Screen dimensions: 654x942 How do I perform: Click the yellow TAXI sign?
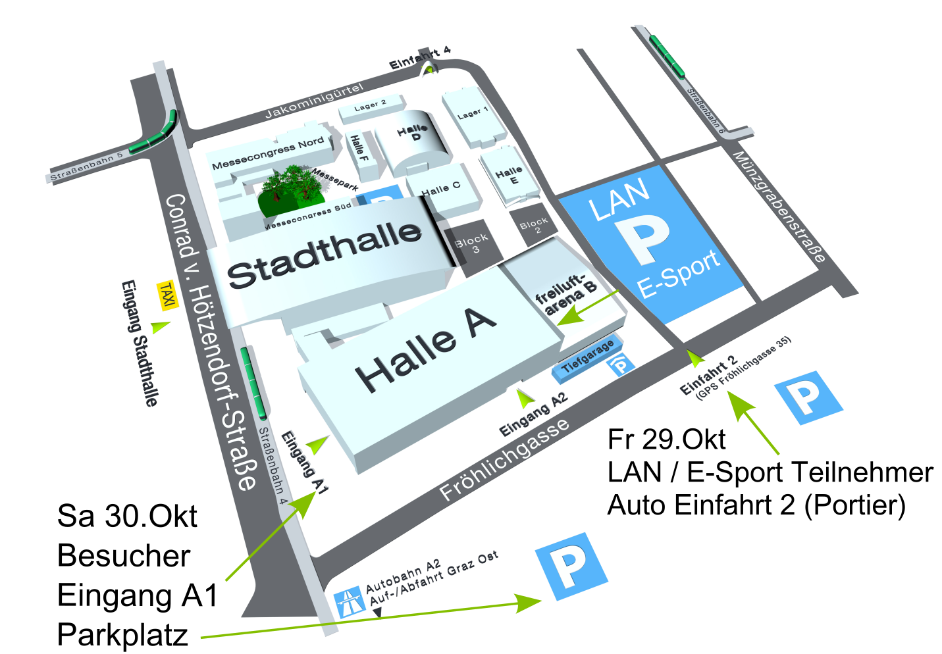tap(167, 295)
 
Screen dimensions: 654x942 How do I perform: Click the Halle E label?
tap(510, 175)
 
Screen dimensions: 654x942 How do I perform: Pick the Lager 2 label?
tap(370, 105)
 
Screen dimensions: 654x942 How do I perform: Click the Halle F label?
tap(359, 148)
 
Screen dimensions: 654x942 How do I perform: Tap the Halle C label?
tap(441, 189)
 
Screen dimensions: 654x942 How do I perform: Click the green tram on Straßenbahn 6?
tap(667, 56)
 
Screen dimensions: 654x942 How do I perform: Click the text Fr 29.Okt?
tap(666, 440)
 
